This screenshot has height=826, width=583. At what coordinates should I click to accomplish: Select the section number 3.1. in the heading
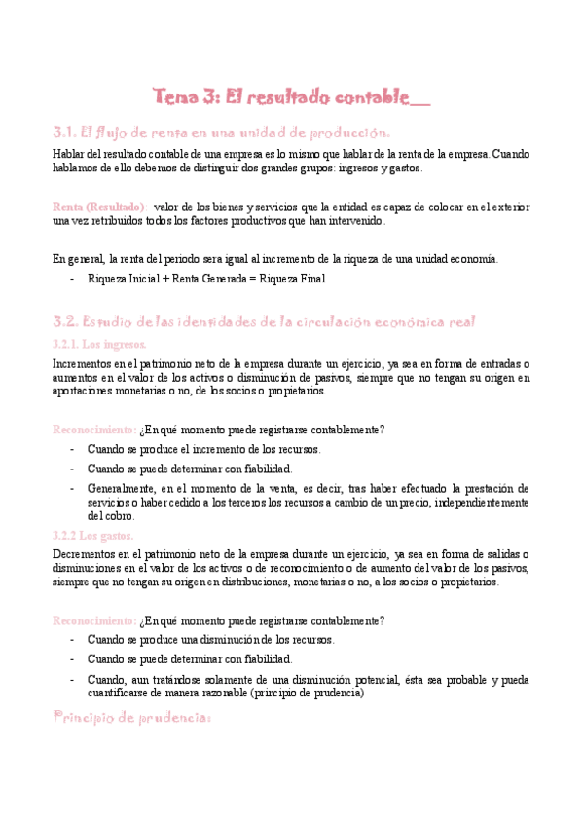coord(64,132)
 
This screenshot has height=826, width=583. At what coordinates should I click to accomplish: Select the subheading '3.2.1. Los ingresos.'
coord(99,344)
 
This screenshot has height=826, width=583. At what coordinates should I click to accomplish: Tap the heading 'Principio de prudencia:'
coord(130,718)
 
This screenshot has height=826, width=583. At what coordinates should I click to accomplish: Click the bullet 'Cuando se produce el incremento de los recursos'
coord(203,450)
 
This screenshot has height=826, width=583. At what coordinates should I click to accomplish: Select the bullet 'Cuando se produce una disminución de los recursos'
coord(210,641)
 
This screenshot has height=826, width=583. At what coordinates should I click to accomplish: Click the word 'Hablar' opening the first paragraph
coord(67,154)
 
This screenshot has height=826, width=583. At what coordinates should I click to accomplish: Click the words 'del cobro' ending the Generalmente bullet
coord(109,516)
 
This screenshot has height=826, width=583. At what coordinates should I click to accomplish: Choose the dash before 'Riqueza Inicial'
coord(73,279)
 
